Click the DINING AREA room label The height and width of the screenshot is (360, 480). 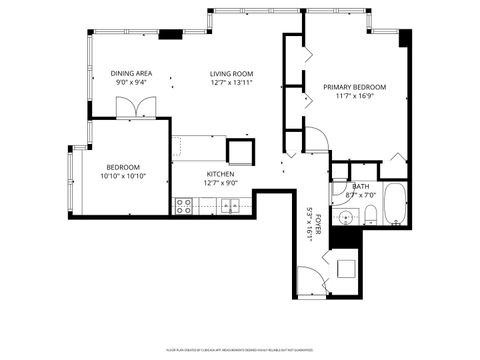131,74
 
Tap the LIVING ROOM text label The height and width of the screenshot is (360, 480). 230,74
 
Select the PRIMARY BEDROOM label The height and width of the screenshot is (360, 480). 354,87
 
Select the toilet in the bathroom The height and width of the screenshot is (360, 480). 370,215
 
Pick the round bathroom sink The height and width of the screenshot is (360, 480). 346,217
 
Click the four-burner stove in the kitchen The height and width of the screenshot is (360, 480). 184,207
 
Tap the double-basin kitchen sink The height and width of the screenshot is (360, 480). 230,207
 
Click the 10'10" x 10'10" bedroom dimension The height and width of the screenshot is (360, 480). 124,176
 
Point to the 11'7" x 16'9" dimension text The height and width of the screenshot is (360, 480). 354,97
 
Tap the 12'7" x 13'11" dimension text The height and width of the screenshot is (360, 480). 230,84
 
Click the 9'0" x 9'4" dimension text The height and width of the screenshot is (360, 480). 131,84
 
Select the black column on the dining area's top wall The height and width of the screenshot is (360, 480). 171,35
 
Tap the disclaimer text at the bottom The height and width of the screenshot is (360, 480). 241,350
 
